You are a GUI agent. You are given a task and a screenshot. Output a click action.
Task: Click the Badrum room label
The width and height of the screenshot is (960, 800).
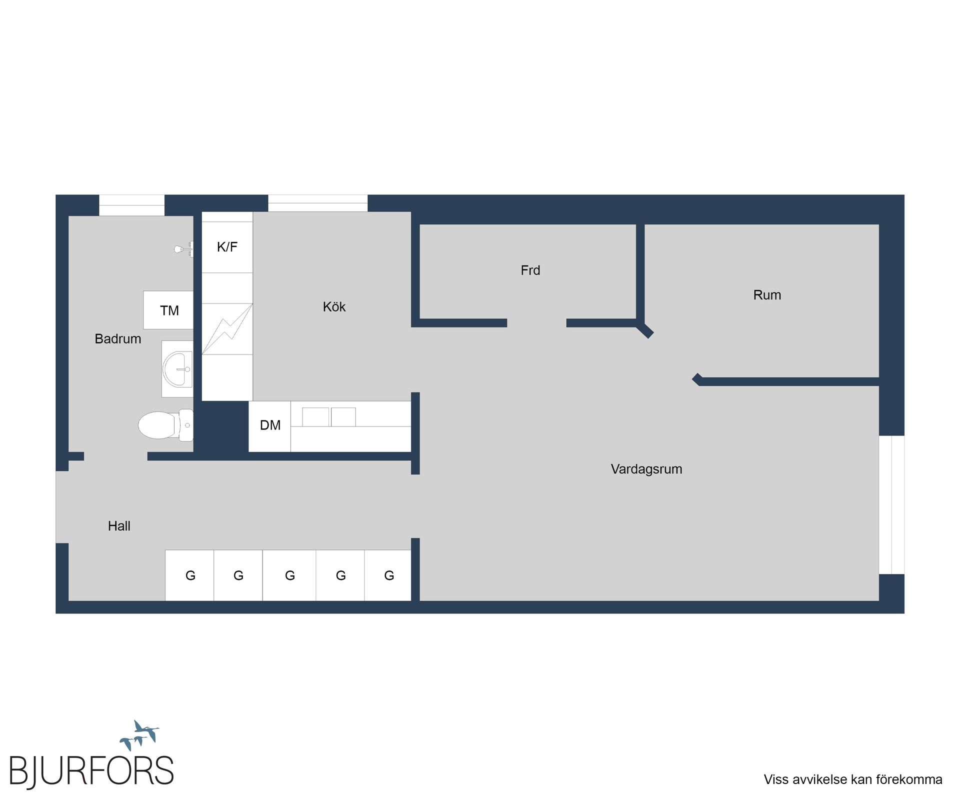118,339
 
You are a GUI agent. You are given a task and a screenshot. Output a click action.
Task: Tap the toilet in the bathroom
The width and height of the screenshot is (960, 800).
165,425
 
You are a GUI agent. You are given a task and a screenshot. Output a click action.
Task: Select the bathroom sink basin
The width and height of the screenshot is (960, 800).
177,369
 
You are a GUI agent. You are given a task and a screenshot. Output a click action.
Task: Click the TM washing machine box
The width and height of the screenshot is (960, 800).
168,310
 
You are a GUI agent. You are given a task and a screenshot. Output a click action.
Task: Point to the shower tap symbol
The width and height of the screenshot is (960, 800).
184,248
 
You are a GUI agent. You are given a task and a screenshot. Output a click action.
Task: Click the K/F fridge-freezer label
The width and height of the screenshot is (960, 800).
227,246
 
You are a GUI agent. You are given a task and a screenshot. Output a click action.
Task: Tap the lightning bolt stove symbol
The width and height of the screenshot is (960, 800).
227,328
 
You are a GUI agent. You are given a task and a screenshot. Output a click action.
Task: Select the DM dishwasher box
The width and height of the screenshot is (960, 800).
269,426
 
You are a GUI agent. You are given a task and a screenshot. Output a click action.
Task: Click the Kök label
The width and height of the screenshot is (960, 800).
334,306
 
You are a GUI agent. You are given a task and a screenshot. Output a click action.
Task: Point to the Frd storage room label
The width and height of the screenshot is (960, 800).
530,270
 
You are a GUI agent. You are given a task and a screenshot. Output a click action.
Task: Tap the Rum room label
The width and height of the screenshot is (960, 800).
767,295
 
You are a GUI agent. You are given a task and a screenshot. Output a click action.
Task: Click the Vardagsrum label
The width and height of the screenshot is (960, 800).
646,469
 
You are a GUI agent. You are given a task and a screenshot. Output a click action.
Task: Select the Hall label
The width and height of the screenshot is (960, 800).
119,526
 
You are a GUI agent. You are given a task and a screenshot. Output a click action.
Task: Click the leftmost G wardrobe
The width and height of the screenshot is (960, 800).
189,575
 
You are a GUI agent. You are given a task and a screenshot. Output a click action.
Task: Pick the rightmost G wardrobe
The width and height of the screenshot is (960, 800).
388,575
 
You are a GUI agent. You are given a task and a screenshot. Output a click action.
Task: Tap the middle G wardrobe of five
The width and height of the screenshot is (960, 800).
289,575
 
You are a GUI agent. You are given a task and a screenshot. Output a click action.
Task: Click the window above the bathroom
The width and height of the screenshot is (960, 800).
131,205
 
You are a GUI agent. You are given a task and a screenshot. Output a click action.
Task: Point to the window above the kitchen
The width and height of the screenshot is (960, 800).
318,203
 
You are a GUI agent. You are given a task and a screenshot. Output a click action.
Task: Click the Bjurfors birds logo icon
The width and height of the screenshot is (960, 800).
139,735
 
